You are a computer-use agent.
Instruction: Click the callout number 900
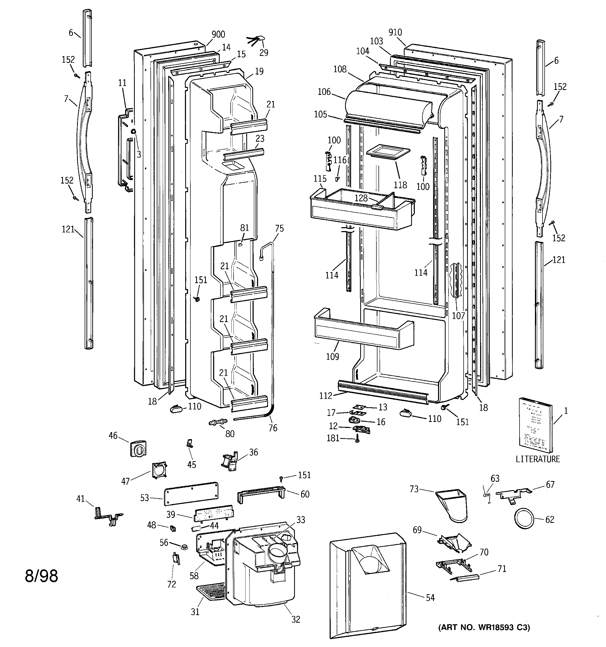218,34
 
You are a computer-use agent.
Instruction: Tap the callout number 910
395,32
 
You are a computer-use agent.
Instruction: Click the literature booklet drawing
535,426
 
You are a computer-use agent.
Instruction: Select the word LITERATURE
538,459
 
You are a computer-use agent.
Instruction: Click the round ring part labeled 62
524,520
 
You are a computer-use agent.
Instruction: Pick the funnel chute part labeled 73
452,505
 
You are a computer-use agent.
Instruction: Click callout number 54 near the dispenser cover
430,598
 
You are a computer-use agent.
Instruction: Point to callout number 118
400,185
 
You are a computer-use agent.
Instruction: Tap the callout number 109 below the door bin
333,357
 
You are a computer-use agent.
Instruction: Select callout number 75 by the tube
279,228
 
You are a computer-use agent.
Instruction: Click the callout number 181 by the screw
333,438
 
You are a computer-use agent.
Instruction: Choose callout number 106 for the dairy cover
324,92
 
